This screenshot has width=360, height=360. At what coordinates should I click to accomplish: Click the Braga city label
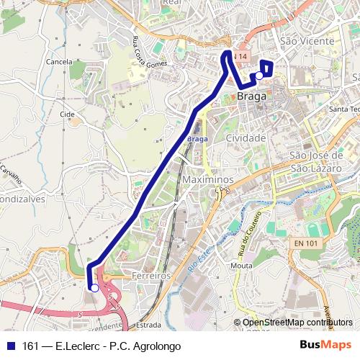click(251, 96)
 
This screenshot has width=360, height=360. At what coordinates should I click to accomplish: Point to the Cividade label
click(246, 138)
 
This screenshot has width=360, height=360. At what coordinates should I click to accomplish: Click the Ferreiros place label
click(150, 276)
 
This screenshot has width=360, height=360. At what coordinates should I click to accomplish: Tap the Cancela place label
click(58, 62)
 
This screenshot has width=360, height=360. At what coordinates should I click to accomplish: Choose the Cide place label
click(68, 114)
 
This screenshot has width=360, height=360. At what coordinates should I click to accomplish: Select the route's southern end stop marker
click(94, 288)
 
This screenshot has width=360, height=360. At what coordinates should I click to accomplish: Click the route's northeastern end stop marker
click(258, 75)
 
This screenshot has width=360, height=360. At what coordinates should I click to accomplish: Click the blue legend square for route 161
click(11, 346)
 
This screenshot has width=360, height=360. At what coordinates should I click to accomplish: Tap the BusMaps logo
click(326, 345)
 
